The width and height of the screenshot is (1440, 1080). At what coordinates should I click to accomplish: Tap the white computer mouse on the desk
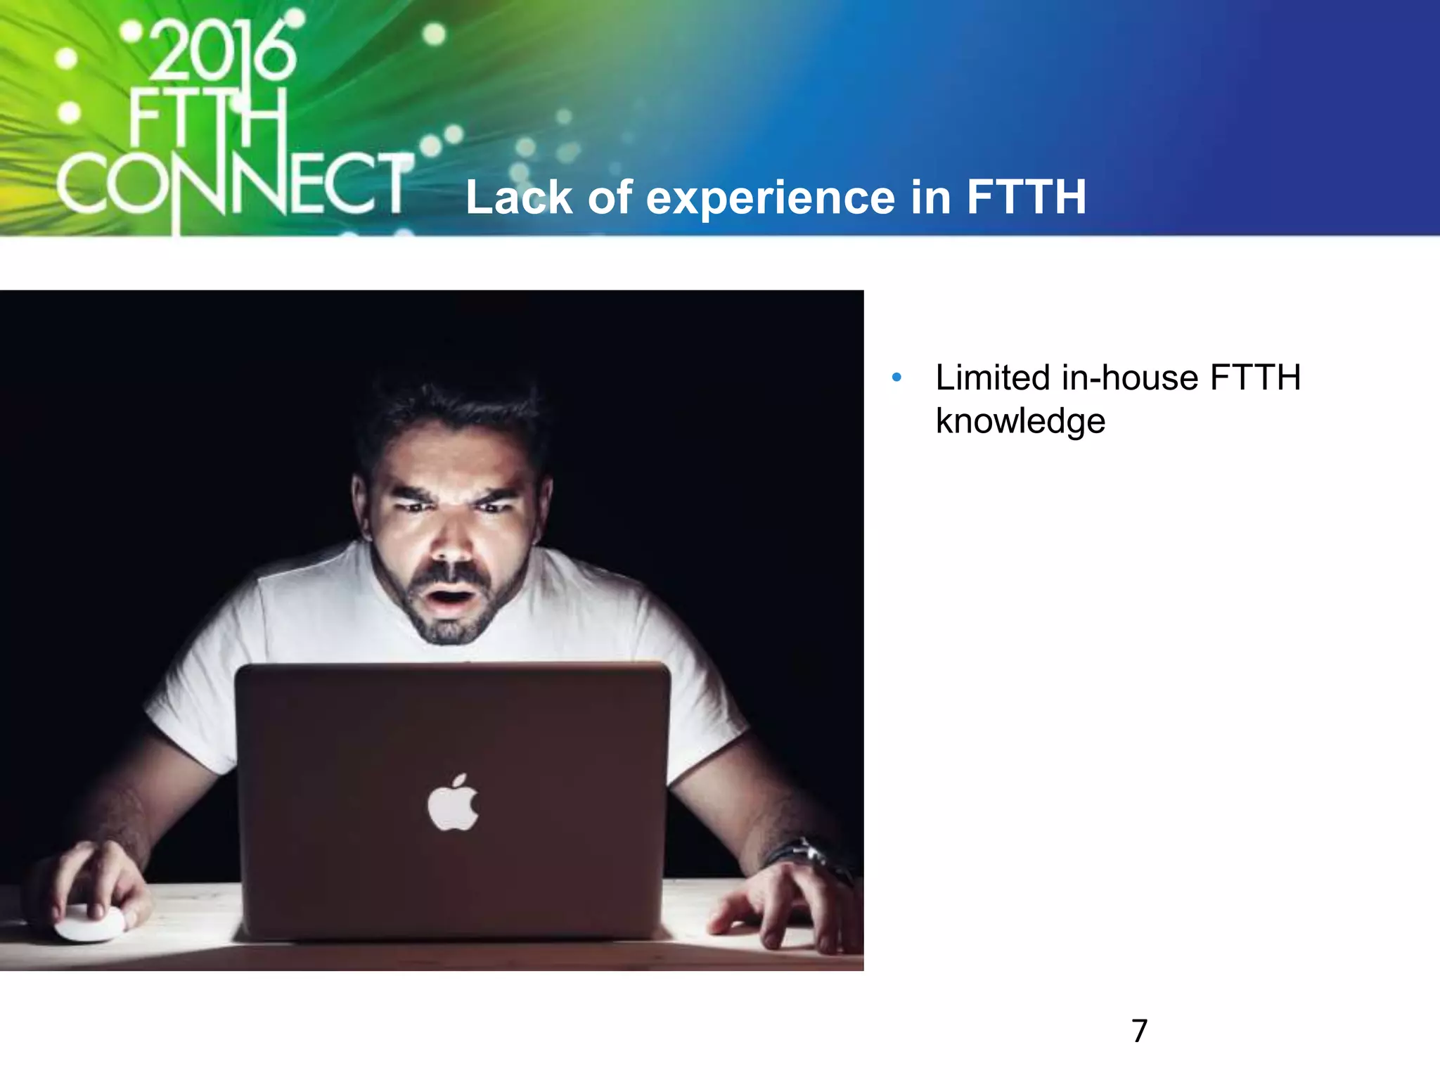tap(90, 924)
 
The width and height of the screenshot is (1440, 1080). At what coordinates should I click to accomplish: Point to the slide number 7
tap(1139, 1031)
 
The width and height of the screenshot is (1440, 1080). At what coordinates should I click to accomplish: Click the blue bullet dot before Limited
tap(896, 378)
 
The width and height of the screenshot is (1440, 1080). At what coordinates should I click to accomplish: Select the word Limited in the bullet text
tap(993, 378)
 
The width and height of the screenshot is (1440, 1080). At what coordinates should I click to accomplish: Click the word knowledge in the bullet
tap(1020, 422)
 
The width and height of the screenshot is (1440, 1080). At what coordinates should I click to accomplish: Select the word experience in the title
tap(770, 198)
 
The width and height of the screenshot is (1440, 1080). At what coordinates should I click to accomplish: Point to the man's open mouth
tap(450, 598)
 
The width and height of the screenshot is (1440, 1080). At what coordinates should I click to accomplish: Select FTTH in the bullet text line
tap(1254, 378)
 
